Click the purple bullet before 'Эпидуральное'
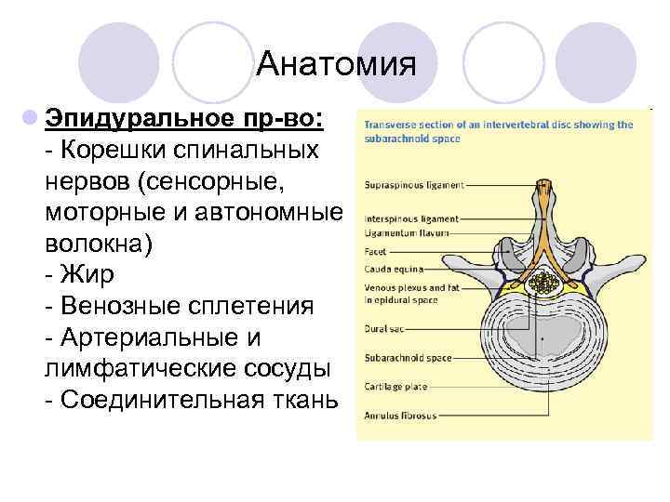pos(31,119)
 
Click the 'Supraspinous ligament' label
pos(413,185)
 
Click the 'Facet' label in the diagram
pos(375,251)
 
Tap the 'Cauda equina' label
pos(392,267)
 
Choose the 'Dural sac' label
pos(383,328)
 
